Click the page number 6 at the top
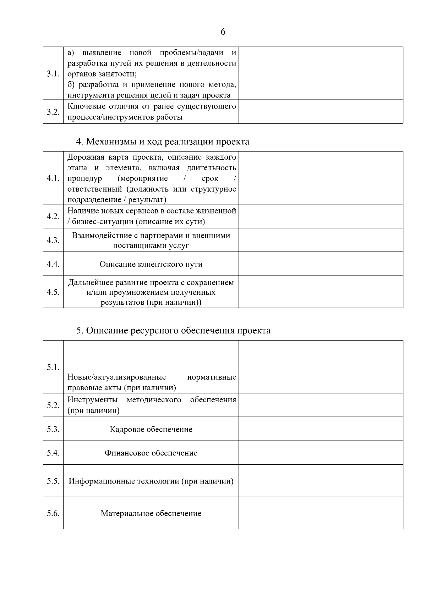[223, 32]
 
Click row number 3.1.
[53, 74]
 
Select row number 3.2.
[53, 112]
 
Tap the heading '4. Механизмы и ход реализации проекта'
[163, 142]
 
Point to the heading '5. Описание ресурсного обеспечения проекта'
[173, 331]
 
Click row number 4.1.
[53, 178]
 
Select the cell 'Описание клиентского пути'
[151, 264]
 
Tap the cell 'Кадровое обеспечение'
[151, 429]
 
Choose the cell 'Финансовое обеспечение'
[151, 453]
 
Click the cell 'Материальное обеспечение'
[151, 513]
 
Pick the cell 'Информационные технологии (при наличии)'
[151, 481]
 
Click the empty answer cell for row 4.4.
[321, 264]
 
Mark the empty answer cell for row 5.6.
[321, 513]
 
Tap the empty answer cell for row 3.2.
[321, 112]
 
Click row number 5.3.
[53, 429]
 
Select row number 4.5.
[53, 292]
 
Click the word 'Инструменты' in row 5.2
[92, 400]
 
